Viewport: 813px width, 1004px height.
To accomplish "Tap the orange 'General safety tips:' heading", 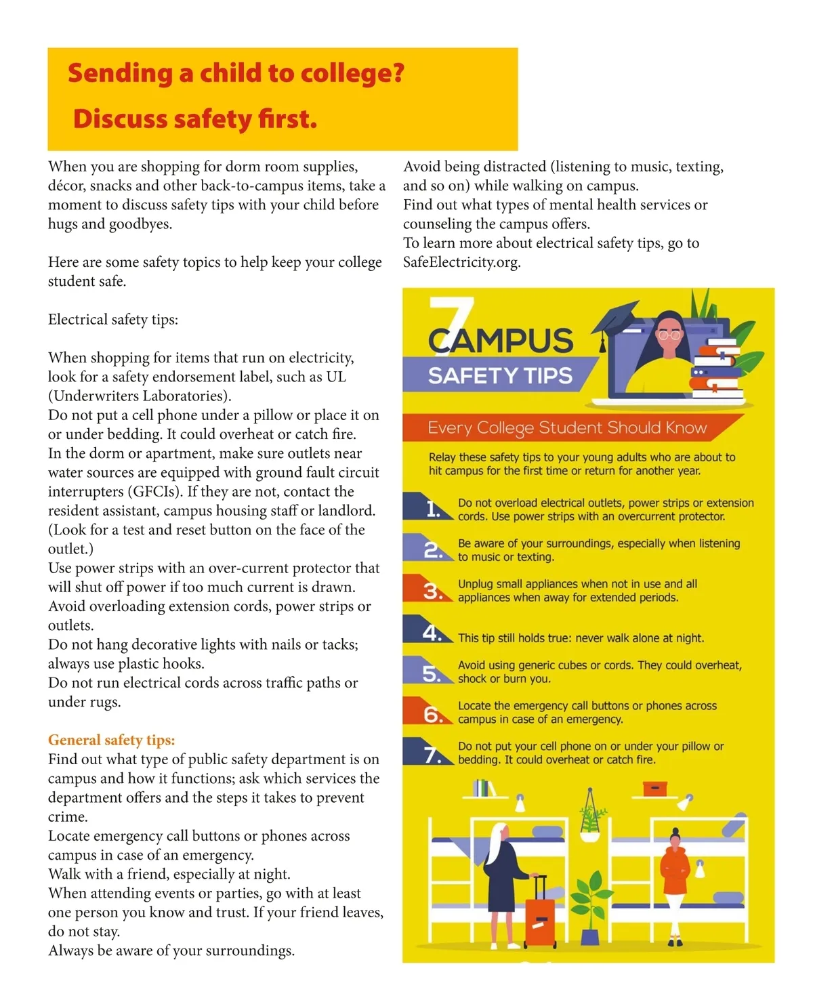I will pyautogui.click(x=111, y=740).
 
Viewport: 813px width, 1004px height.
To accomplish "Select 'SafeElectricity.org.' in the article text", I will pyautogui.click(x=461, y=262).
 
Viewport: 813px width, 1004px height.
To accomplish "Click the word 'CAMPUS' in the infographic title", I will pyautogui.click(x=501, y=340).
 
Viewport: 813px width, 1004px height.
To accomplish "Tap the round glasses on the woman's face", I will pyautogui.click(x=669, y=335).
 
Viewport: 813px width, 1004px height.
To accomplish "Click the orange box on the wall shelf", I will pyautogui.click(x=654, y=789).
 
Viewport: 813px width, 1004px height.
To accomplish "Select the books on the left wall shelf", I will pyautogui.click(x=482, y=788).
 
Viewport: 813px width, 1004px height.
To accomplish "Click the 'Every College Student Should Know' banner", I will pyautogui.click(x=567, y=428).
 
